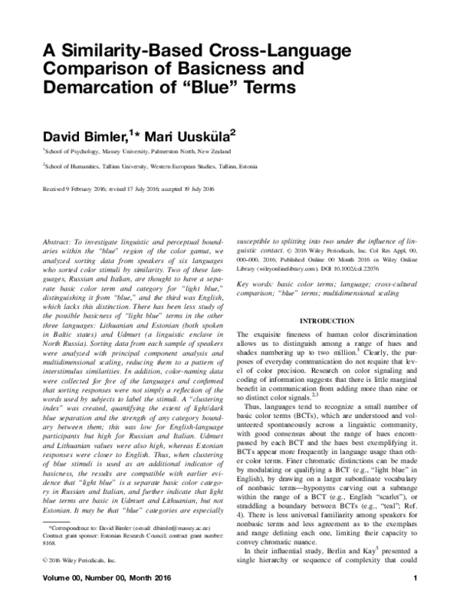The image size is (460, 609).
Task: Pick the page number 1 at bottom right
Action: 415,598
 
